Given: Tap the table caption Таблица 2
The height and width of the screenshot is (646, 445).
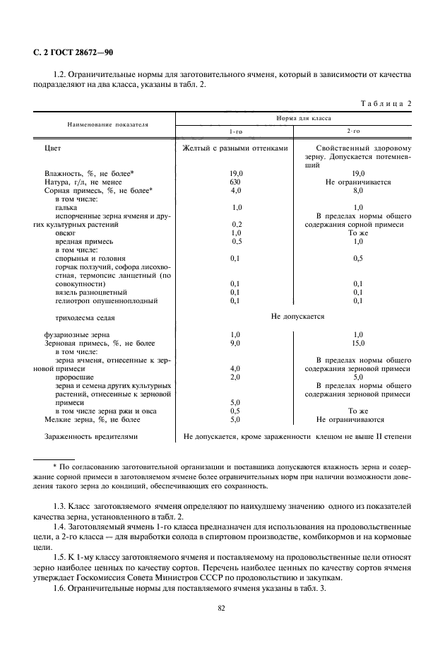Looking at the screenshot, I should click(386, 104).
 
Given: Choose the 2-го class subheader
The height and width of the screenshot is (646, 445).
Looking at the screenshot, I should click(353, 131).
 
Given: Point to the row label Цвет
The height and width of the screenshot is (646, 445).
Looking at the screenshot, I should click(52, 148).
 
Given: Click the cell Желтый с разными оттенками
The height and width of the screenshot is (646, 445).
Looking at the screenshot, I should click(235, 148).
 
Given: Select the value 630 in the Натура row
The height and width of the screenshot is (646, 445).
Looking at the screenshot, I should click(236, 182).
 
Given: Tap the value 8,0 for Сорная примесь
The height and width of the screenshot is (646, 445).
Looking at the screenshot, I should click(357, 190).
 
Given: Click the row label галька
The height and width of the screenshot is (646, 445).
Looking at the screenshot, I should click(66, 207).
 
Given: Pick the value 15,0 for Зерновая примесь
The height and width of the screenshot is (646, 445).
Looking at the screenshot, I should click(357, 343).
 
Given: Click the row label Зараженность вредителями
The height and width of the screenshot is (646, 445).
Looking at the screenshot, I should click(90, 436).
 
